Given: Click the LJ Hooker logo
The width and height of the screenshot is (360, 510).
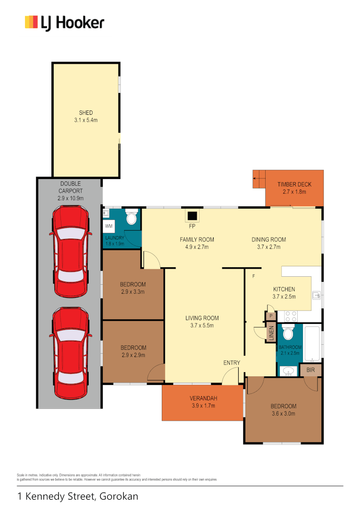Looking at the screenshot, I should (x=65, y=23).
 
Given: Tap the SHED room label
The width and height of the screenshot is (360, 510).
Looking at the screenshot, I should (x=86, y=113).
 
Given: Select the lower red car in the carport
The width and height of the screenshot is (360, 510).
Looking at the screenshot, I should (x=70, y=352).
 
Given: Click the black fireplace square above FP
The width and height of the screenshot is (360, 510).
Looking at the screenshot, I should (x=192, y=216).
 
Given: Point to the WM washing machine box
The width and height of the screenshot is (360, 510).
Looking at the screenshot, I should (x=109, y=227).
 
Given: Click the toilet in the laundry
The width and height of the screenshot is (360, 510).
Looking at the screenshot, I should (x=132, y=218).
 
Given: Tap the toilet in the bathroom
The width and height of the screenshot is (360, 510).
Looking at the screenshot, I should (x=288, y=333).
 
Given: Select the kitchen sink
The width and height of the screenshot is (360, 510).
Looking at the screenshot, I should (x=317, y=296).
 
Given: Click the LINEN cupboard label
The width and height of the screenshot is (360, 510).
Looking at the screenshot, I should (x=271, y=333).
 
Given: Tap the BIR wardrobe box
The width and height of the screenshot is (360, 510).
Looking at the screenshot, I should (x=310, y=370).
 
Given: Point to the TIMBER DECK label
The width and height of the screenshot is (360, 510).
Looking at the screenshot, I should (x=294, y=185).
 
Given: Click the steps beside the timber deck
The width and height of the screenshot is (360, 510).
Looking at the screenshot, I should (x=259, y=179).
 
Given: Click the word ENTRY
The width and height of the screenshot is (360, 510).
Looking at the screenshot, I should (x=232, y=363).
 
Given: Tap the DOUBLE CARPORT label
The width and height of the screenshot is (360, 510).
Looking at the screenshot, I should (x=70, y=187).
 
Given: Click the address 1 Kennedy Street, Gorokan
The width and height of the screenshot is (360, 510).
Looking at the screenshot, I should (x=78, y=496).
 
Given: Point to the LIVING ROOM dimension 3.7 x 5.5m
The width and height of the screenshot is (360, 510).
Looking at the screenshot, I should (x=202, y=325).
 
